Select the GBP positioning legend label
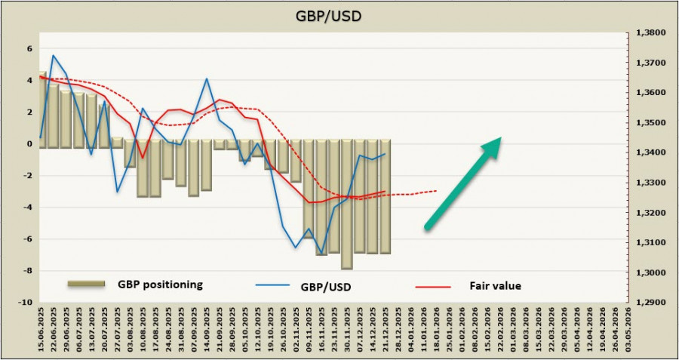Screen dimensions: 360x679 tap(159, 285)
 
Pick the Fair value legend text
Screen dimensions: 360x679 tap(494, 285)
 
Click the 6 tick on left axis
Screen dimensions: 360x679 tap(30, 48)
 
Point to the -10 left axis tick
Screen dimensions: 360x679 tap(26, 302)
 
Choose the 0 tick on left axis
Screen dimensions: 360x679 tap(30, 143)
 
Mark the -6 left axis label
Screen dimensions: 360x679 tap(28, 238)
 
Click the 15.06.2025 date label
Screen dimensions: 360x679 tap(38, 331)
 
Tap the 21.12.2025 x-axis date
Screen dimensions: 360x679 tap(385, 331)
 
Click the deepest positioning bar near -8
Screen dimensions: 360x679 tap(346, 204)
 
